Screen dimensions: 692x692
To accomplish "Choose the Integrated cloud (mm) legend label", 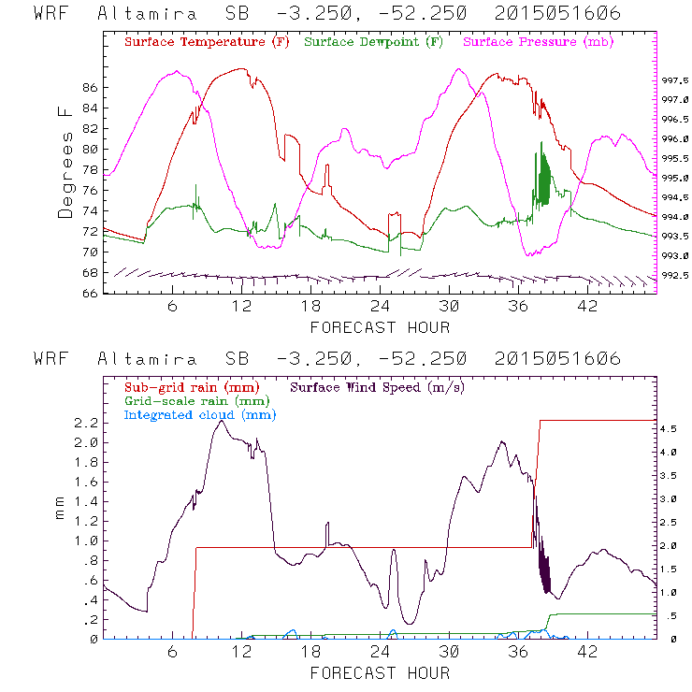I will pos(193,413).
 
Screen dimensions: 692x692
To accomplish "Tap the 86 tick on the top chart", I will pos(90,88).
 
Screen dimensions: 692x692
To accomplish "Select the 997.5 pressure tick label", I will pos(676,80).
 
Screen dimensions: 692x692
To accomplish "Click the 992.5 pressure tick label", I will pos(676,276).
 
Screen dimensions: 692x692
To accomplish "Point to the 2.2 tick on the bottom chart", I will pos(87,423).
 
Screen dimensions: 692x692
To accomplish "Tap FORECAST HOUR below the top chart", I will pos(380,327).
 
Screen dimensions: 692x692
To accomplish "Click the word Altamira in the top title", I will pos(147,14).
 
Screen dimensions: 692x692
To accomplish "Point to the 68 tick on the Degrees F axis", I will pos(90,273).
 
